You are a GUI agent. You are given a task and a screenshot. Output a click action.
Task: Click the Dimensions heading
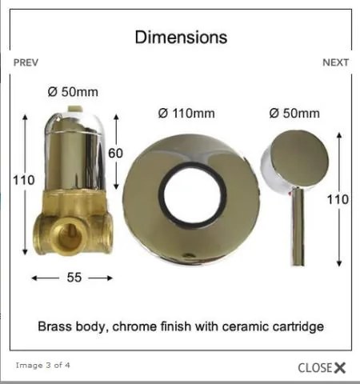[181, 37]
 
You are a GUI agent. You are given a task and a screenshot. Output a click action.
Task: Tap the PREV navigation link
[26, 62]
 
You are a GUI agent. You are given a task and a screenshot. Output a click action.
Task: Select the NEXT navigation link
[335, 62]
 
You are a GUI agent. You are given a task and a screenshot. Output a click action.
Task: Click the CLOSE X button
[322, 368]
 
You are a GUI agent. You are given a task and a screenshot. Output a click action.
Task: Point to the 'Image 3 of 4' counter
[43, 365]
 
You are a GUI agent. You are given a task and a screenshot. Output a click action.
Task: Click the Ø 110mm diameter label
[186, 114]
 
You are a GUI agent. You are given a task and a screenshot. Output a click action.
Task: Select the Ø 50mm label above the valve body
[73, 92]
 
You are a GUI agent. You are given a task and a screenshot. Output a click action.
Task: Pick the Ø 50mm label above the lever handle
[294, 114]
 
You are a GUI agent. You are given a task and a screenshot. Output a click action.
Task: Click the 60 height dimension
[115, 154]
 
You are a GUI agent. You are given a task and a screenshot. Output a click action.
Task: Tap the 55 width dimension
[74, 278]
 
